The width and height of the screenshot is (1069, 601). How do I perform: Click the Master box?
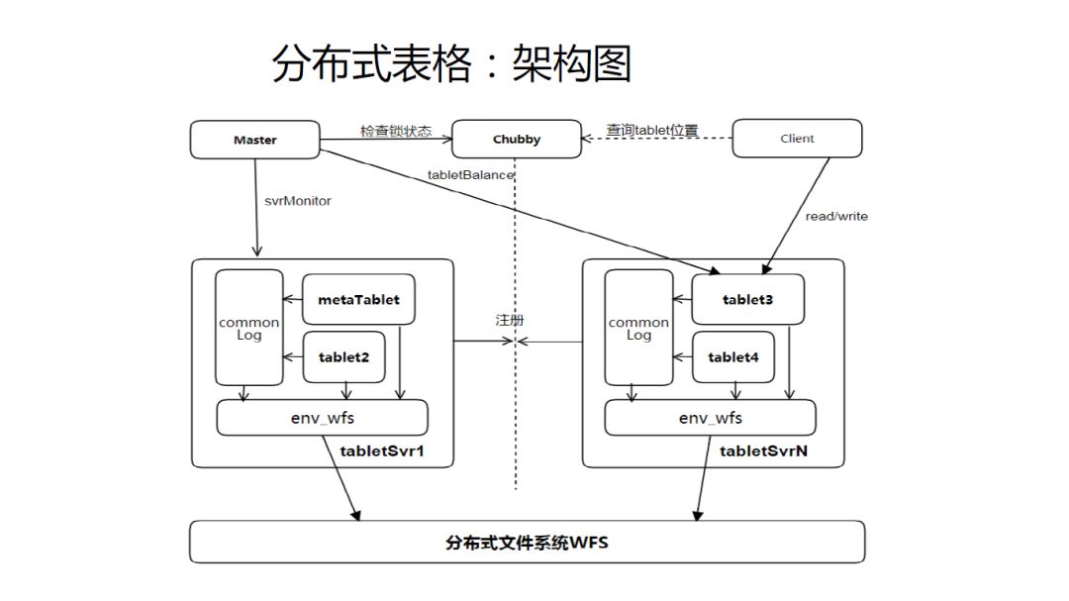click(254, 140)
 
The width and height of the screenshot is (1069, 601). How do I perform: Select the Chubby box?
click(516, 140)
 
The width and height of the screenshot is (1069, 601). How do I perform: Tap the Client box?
click(797, 139)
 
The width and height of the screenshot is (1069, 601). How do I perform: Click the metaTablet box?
click(358, 299)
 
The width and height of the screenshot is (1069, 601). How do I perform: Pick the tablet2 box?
click(343, 357)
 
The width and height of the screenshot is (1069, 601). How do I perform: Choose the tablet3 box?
click(747, 299)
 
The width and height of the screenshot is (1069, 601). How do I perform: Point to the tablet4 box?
click(732, 357)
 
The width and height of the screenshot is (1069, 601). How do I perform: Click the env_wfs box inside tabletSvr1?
click(322, 418)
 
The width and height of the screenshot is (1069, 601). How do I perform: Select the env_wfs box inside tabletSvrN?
click(710, 418)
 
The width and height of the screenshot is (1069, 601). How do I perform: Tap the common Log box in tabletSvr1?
click(248, 328)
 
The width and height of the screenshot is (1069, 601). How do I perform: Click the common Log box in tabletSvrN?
click(638, 328)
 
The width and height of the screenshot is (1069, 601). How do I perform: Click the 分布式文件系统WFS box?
click(527, 543)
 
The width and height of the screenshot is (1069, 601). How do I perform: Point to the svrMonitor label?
click(297, 201)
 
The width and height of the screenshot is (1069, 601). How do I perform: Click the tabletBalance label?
click(470, 175)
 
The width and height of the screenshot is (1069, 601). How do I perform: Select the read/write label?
click(836, 216)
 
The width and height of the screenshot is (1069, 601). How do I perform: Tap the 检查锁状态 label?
click(396, 131)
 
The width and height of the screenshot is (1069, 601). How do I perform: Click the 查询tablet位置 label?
click(652, 130)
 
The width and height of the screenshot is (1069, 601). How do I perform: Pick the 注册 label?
click(510, 320)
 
